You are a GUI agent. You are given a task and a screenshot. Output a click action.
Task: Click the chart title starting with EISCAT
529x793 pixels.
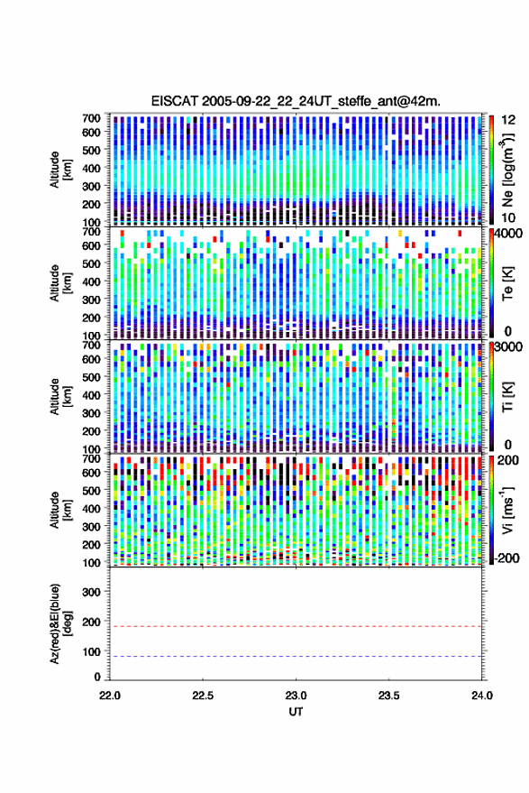(x=296, y=101)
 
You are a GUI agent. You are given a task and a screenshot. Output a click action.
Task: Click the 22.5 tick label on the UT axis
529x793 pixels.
(x=203, y=696)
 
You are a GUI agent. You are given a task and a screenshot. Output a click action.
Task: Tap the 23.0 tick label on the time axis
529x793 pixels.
(x=296, y=696)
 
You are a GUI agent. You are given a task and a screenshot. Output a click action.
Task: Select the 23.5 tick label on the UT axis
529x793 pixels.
(x=388, y=696)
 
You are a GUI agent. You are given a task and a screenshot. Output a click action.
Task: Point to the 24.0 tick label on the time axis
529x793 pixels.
(x=481, y=696)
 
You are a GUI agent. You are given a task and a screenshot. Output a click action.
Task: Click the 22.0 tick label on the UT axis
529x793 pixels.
(x=110, y=696)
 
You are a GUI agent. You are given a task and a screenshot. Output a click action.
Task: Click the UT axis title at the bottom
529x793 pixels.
(x=296, y=712)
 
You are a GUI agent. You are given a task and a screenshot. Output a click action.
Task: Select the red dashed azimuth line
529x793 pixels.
(x=296, y=627)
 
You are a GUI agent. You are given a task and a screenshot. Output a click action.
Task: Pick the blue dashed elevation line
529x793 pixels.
(x=296, y=657)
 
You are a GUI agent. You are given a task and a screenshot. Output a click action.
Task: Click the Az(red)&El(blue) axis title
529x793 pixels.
(x=60, y=624)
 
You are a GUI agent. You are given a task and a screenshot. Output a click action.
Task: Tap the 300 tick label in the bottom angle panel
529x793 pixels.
(x=91, y=592)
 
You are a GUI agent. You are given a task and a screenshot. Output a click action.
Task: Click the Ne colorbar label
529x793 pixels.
(x=507, y=170)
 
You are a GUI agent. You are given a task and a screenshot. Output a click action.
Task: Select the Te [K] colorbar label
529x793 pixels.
(x=507, y=283)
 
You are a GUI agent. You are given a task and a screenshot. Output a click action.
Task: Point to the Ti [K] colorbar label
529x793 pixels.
(x=507, y=397)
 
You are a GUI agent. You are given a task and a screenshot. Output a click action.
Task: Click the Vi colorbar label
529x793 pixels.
(x=507, y=510)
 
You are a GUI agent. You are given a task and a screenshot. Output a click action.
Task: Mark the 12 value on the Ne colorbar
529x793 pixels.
(x=508, y=120)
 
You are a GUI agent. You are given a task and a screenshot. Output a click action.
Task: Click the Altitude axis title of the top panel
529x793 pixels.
(x=60, y=170)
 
